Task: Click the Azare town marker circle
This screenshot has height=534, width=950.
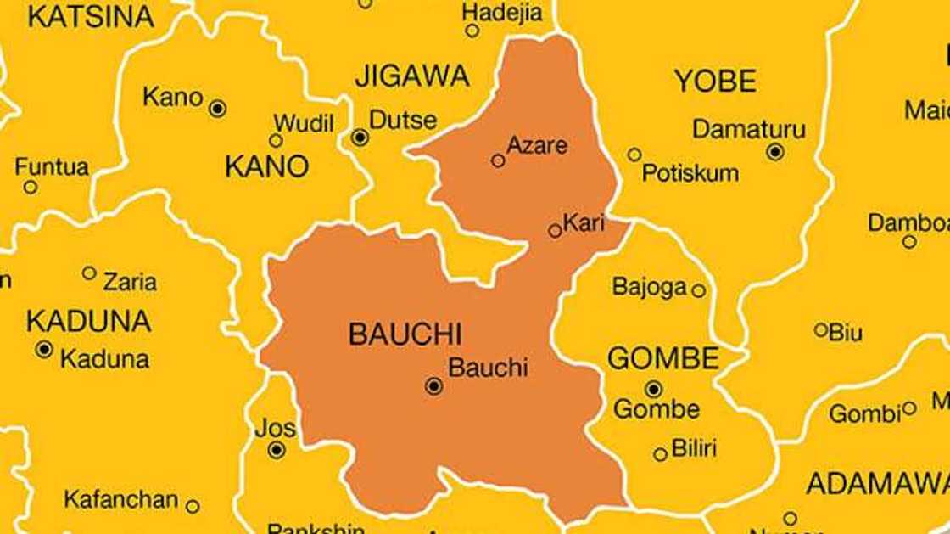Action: (x=498, y=160)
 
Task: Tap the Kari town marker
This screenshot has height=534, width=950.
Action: (x=555, y=230)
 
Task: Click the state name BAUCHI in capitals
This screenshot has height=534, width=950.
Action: (x=405, y=334)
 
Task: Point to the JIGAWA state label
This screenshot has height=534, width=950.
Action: (x=411, y=76)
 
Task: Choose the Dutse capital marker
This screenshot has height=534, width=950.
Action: (x=360, y=138)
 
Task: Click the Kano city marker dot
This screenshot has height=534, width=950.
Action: (x=218, y=108)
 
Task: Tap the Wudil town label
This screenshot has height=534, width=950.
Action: (x=303, y=124)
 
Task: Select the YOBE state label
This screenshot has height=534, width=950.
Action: (x=714, y=82)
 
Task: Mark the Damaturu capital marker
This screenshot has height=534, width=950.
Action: (x=774, y=152)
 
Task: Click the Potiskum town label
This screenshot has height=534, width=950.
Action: (x=690, y=173)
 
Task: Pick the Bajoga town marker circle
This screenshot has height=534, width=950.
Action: (x=698, y=290)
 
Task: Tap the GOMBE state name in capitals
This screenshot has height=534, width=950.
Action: (x=662, y=358)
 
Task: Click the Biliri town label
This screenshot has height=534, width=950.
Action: (x=694, y=448)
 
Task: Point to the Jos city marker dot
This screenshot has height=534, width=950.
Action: (x=276, y=450)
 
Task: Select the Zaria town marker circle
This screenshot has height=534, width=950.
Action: (x=89, y=273)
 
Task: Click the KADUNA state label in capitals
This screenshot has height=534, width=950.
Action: (x=88, y=321)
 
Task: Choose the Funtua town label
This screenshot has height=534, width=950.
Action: (x=51, y=167)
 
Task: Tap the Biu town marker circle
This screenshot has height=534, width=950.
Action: (x=820, y=329)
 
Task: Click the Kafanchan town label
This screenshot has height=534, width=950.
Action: (x=120, y=500)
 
